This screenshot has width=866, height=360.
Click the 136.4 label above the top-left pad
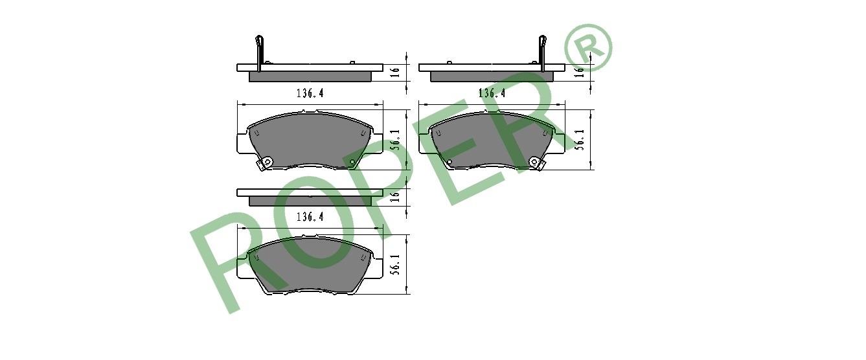click(x=310, y=93)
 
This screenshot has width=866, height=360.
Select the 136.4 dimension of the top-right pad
click(x=492, y=93)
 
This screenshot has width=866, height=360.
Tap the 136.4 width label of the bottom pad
click(x=310, y=217)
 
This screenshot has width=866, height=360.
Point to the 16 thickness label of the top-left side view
click(x=394, y=73)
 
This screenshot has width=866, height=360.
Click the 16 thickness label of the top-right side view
click(x=579, y=73)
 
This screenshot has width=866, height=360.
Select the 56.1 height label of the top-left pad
click(x=394, y=139)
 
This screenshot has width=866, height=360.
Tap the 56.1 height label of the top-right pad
click(x=579, y=139)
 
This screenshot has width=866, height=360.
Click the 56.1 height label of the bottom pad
click(x=394, y=264)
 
